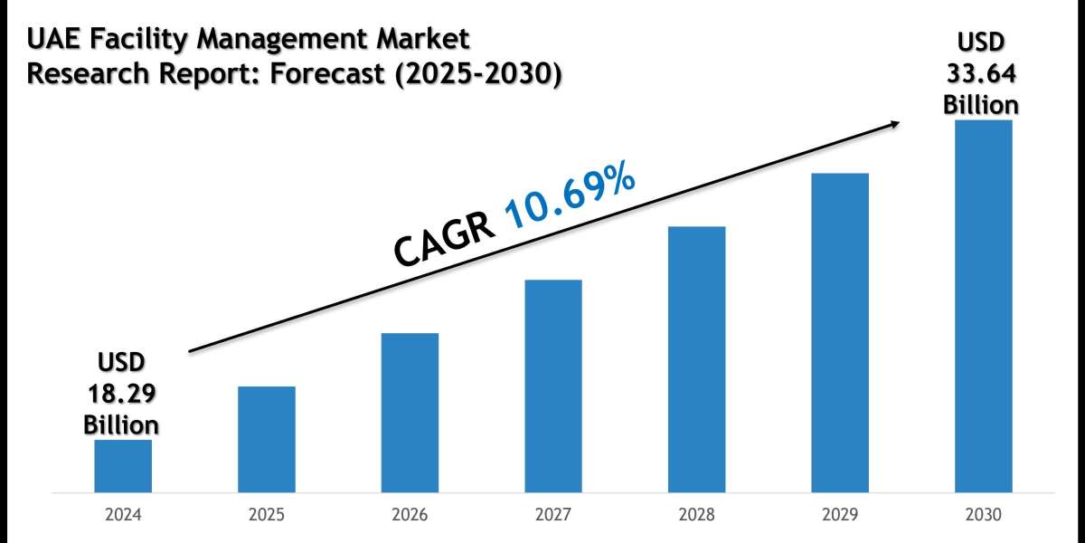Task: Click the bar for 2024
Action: point(123,466)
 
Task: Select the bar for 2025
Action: point(267,440)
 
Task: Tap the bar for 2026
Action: point(410,413)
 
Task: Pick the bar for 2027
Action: point(553,386)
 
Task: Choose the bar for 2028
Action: point(696,359)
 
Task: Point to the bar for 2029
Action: point(840,333)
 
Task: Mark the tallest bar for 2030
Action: point(983,307)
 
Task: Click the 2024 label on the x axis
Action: point(123,515)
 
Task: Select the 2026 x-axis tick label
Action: point(410,515)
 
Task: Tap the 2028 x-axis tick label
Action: point(696,515)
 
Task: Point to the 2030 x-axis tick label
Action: point(983,515)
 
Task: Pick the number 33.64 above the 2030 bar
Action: point(982,74)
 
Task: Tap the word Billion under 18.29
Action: point(121,424)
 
